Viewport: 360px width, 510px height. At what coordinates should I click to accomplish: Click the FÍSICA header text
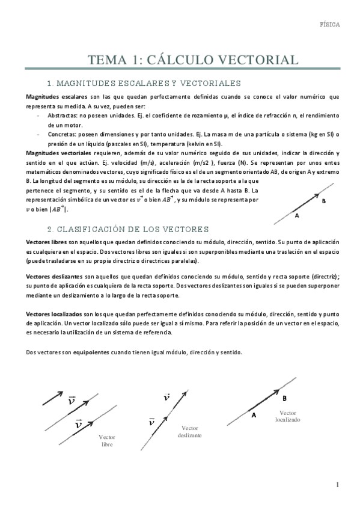point(329,25)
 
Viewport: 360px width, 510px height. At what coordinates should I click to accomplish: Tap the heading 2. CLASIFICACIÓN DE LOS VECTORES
point(127,229)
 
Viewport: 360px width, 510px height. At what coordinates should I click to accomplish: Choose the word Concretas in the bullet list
point(61,135)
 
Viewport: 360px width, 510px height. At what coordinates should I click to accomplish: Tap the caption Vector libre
point(107,441)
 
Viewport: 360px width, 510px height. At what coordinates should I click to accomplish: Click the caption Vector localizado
point(288,416)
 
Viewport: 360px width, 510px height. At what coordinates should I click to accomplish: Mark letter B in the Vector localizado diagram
point(284,398)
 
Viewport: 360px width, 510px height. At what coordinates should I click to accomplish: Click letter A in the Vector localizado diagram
point(254,415)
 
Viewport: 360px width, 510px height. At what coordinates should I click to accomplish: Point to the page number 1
point(338,485)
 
